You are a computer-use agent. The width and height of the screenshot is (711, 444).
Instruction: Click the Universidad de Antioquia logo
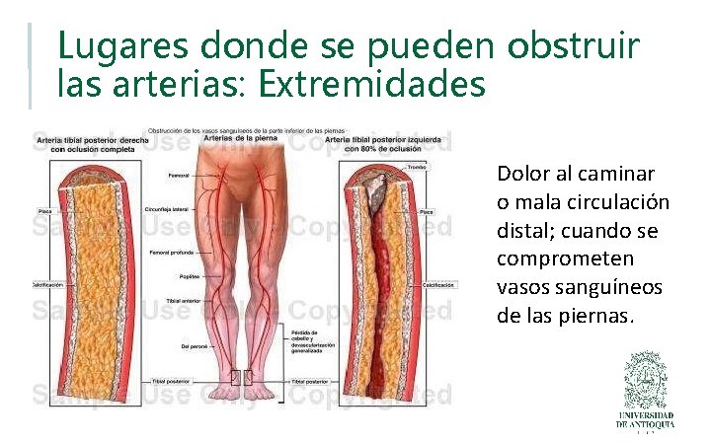[646, 391]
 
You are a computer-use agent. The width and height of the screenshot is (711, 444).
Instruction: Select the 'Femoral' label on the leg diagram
[179, 177]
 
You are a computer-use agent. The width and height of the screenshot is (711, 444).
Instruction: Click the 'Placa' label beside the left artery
[45, 210]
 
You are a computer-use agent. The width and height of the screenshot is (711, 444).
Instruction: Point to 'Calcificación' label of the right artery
[438, 285]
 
